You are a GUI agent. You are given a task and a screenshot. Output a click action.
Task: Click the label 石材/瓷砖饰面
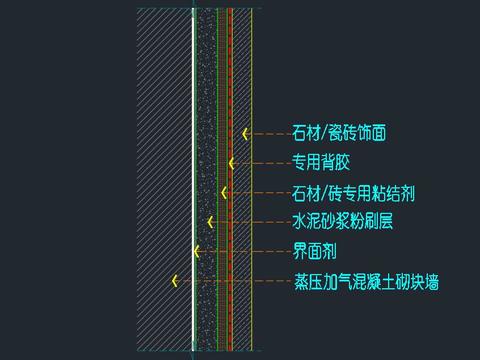click(x=338, y=132)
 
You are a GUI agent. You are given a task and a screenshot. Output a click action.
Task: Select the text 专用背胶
click(x=320, y=161)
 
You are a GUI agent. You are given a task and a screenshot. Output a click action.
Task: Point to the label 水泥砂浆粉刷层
click(x=342, y=221)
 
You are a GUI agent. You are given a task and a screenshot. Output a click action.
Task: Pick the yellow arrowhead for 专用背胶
click(x=231, y=162)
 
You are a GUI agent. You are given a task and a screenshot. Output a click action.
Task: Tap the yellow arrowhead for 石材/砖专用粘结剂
click(x=223, y=191)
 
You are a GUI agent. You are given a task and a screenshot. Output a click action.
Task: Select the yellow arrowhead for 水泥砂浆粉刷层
click(x=210, y=221)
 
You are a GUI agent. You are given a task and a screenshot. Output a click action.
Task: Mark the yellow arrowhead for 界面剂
click(x=197, y=251)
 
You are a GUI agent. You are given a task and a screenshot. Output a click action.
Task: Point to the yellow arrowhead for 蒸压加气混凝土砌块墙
click(x=174, y=281)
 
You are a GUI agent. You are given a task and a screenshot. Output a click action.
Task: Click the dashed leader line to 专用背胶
click(x=260, y=162)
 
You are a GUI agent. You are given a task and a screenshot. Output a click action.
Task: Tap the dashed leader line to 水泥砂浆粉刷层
click(x=250, y=221)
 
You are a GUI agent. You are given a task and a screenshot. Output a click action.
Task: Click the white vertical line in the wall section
click(x=193, y=80)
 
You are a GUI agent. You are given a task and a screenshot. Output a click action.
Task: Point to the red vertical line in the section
click(x=230, y=80)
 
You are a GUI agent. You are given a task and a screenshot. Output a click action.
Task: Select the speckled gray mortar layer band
click(x=206, y=80)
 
